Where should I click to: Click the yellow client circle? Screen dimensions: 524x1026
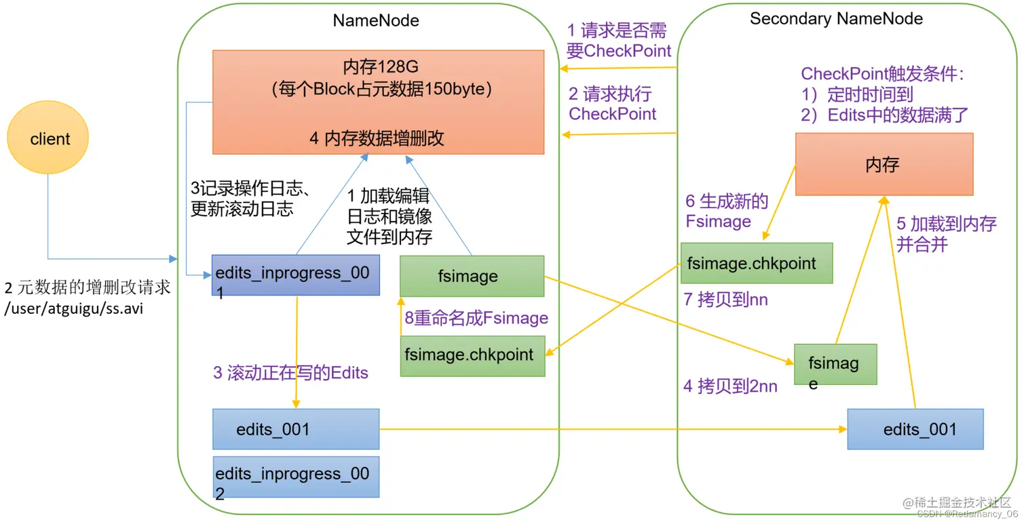click(48, 139)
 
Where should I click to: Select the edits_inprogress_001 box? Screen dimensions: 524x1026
click(295, 275)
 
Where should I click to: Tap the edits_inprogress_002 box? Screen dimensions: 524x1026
click(295, 477)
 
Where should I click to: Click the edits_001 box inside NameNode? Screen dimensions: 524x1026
click(295, 429)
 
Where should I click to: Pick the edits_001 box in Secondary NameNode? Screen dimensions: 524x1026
click(915, 429)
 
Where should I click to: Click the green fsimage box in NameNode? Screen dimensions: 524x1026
click(472, 276)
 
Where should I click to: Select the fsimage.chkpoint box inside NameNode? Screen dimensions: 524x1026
click(472, 355)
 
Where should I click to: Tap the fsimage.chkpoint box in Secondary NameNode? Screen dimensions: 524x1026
click(756, 263)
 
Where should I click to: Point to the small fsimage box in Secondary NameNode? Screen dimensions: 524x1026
click(835, 365)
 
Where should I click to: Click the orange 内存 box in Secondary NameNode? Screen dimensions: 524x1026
click(883, 164)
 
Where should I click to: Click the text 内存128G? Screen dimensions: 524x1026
click(380, 67)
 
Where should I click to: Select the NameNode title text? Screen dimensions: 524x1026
click(376, 20)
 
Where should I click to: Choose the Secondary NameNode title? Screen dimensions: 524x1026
click(836, 18)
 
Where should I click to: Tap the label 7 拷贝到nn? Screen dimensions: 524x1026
click(725, 300)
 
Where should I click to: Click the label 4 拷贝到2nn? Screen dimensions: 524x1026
click(730, 386)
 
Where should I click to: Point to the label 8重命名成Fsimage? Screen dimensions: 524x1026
click(476, 318)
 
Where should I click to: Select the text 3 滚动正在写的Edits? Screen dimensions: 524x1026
click(290, 373)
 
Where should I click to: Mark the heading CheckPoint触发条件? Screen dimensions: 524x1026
click(882, 74)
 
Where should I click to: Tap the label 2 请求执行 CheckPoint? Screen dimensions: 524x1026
click(612, 104)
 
